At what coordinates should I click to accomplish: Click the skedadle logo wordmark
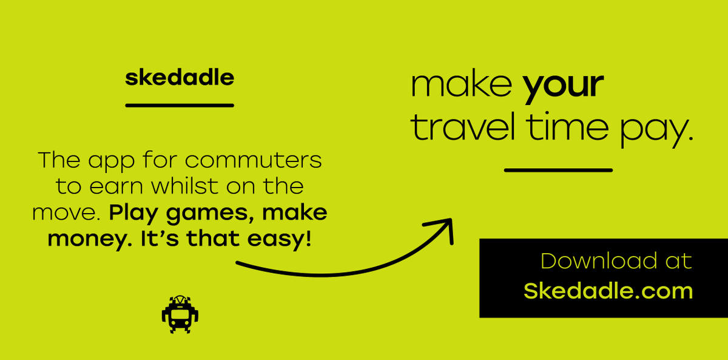[179, 78]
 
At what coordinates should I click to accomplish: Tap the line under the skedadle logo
[179, 105]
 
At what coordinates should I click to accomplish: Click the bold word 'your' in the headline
[564, 86]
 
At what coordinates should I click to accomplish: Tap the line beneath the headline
[558, 170]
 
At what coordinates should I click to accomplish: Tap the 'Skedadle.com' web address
[608, 291]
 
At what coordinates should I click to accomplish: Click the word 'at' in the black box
[678, 262]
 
